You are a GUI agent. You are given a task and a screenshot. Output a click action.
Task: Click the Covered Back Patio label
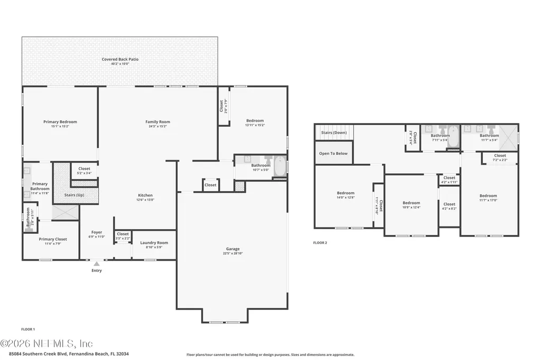point(120,59)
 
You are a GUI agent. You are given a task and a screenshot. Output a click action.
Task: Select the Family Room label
point(157,122)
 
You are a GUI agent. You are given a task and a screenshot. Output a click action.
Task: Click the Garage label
point(232,249)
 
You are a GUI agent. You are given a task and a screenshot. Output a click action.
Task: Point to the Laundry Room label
point(154,243)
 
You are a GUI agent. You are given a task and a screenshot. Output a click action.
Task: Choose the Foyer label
point(97,232)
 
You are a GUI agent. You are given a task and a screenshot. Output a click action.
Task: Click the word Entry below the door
point(97,271)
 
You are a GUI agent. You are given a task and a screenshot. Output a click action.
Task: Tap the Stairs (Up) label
point(73,195)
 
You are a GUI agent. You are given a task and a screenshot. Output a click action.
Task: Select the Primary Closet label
point(52,239)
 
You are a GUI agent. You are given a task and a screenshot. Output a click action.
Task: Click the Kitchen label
point(145,195)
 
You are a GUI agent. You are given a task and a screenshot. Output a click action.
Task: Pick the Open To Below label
point(333,154)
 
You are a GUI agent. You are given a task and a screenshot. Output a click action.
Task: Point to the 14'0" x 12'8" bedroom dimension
point(346,197)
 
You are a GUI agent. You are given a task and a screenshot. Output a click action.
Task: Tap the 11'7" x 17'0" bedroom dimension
point(488,200)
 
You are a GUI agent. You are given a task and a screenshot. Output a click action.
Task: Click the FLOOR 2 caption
point(320,243)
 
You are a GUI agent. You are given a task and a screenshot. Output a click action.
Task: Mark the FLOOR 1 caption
point(27,329)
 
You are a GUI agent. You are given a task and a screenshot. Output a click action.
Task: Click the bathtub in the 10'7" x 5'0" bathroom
point(279,166)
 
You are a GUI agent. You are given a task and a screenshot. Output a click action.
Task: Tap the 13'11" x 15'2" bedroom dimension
point(255,126)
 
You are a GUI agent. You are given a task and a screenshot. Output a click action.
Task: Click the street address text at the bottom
point(69,354)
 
